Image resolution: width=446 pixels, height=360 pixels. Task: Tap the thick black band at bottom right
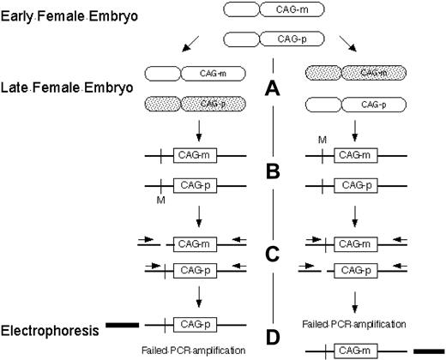[x=425, y=349]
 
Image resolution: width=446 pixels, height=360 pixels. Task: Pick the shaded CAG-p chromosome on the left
[x=196, y=104]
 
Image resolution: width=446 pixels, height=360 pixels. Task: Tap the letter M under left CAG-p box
[x=158, y=199]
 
